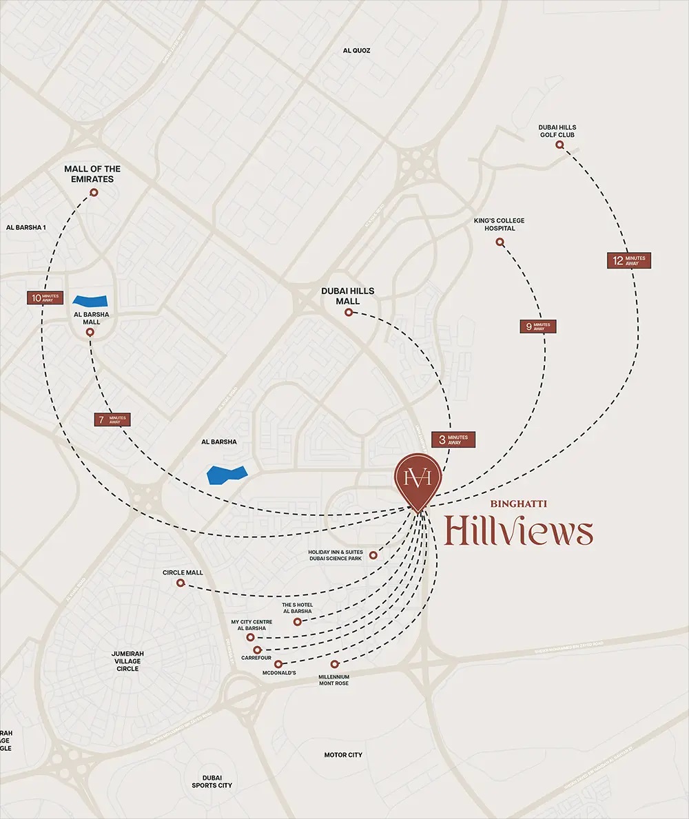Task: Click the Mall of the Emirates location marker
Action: pos(94,194)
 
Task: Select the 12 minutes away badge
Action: pos(628,260)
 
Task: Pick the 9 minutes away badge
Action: pos(537,326)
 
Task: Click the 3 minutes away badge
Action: pos(453,439)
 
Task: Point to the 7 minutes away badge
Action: pos(112,419)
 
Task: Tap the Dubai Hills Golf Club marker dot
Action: pos(559,145)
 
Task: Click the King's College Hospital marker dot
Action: pos(500,242)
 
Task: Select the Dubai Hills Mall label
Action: pos(348,296)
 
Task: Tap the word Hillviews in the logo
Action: pos(519,532)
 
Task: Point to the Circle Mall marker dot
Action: pos(181,583)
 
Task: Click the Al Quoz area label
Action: pos(357,50)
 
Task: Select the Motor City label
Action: pos(343,755)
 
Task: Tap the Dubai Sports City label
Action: pos(212,781)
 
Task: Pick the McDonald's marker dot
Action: pos(278,664)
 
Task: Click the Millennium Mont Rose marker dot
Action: pos(335,664)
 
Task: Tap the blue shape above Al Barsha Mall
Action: pos(91,300)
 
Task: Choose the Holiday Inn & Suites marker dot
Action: pos(373,555)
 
